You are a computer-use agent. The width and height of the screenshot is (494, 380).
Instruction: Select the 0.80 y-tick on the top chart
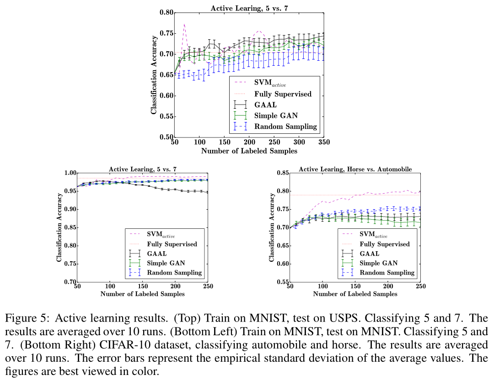point(166,13)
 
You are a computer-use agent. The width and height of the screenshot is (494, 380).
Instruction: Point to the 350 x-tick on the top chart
point(324,142)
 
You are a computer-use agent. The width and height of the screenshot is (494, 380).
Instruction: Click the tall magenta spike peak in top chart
point(184,24)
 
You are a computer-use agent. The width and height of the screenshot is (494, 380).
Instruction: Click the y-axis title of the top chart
point(154,74)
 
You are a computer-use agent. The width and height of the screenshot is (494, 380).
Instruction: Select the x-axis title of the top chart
point(249,151)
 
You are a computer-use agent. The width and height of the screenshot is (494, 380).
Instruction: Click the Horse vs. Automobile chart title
point(355,169)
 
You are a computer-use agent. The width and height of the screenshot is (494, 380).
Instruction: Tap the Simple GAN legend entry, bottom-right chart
point(378,263)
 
